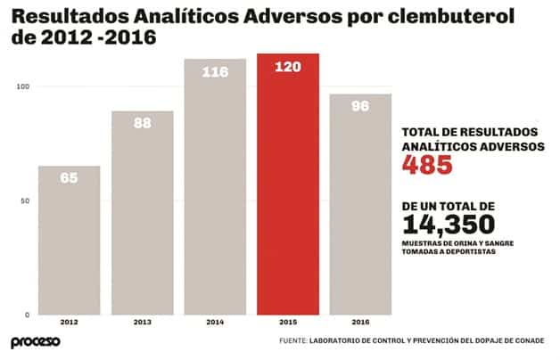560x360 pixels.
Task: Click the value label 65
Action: click(x=69, y=177)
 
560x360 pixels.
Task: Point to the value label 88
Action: click(x=142, y=123)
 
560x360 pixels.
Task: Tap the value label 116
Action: click(x=215, y=71)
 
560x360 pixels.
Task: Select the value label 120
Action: click(x=287, y=67)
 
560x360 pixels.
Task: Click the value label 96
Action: click(x=360, y=105)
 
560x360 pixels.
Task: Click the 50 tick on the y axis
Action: click(x=25, y=200)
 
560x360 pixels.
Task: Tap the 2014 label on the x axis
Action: click(x=215, y=322)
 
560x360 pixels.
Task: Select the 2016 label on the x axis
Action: click(x=360, y=322)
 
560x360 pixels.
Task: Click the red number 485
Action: click(x=428, y=165)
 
